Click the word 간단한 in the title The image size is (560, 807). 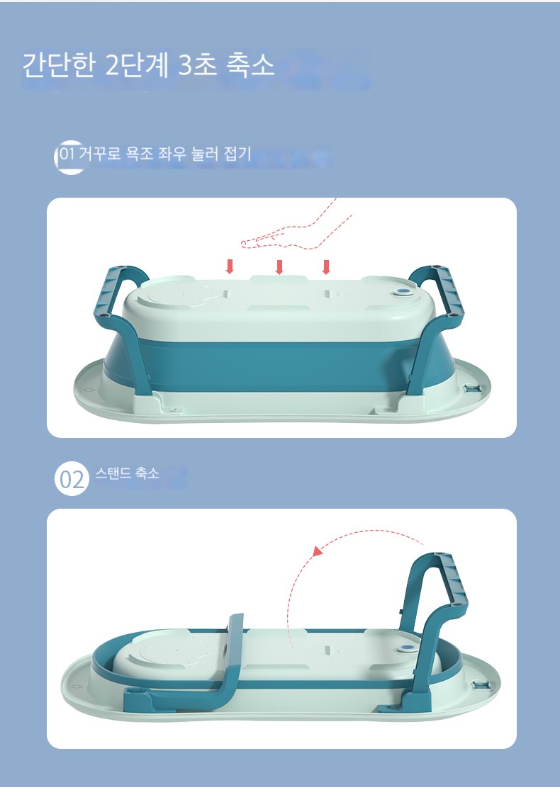59,65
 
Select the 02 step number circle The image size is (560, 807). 72,479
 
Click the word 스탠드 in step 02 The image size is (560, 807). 113,473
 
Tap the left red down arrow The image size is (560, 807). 230,266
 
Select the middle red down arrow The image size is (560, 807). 279,266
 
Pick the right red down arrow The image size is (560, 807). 326,266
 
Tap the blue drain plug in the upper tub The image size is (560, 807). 403,293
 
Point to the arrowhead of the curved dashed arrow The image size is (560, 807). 318,551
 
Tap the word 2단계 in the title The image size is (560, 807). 137,65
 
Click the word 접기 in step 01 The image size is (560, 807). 237,153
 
